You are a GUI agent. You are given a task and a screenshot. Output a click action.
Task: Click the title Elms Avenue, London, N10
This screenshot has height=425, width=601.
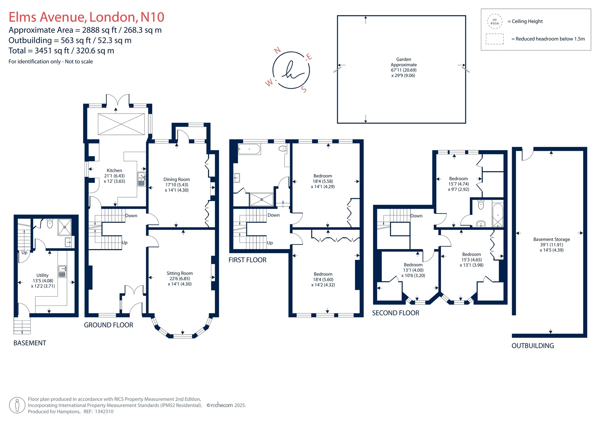(x=86, y=17)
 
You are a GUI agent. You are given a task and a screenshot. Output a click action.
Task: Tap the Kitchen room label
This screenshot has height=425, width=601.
(x=114, y=171)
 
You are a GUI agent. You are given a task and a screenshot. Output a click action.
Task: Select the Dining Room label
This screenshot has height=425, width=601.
(x=177, y=179)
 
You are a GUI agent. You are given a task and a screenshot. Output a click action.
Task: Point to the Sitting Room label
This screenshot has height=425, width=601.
(x=180, y=273)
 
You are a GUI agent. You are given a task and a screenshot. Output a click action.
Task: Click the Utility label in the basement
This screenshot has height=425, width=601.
(x=43, y=275)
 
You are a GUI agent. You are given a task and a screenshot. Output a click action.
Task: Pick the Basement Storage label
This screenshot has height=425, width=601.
(x=552, y=239)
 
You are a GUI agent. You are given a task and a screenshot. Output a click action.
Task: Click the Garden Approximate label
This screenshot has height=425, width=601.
(x=404, y=62)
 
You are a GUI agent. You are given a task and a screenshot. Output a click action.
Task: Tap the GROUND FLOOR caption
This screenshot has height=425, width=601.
(x=109, y=325)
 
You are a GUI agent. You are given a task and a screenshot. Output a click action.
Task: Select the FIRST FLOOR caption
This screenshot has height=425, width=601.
(x=248, y=260)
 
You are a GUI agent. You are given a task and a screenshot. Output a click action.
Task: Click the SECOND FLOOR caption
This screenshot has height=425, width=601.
(x=396, y=313)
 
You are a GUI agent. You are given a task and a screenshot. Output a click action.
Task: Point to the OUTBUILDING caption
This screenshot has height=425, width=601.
(x=533, y=346)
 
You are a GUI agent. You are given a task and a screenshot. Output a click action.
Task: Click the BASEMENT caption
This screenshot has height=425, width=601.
(x=30, y=343)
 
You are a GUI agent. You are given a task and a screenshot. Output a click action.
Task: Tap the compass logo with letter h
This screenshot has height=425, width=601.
(x=291, y=70)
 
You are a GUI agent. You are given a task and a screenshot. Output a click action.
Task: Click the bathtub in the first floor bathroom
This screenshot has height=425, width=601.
(x=249, y=149)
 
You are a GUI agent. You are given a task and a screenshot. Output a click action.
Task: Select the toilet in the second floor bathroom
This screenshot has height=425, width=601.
(x=481, y=205)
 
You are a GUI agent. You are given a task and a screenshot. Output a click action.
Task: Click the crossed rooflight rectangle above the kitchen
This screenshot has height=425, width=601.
(x=121, y=124)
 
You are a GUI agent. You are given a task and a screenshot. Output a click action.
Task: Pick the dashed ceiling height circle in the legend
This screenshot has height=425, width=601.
(x=495, y=22)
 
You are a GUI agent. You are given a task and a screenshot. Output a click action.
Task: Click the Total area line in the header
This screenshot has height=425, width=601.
(x=61, y=51)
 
